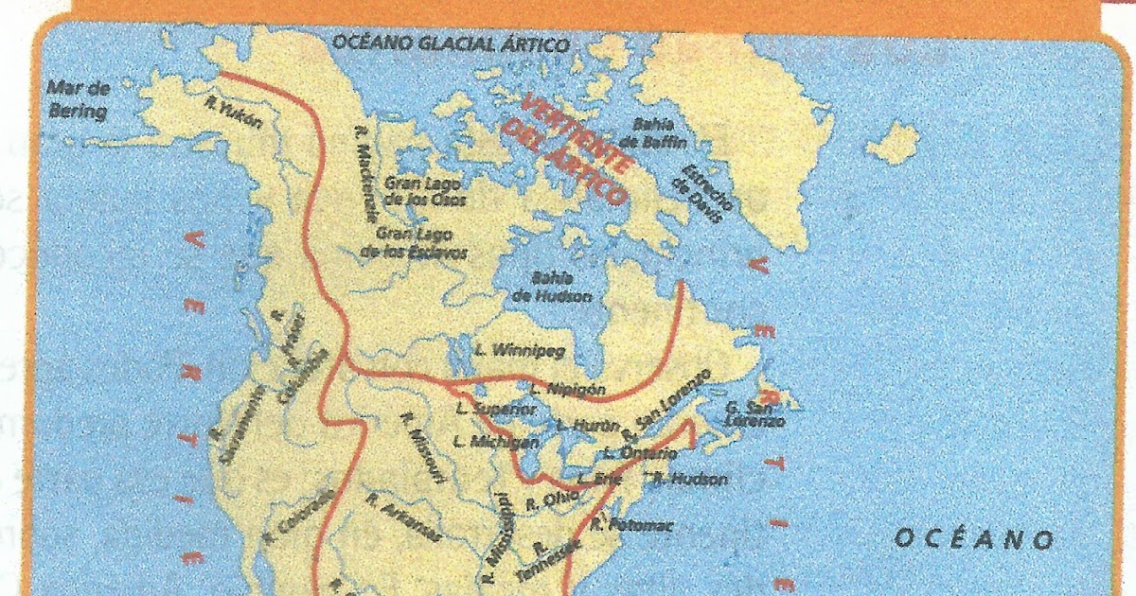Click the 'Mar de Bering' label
pyautogui.click(x=80, y=99)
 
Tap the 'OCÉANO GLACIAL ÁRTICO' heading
pyautogui.click(x=450, y=44)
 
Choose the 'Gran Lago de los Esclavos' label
pyautogui.click(x=415, y=242)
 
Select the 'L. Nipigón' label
pyautogui.click(x=567, y=388)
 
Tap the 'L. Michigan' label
pyautogui.click(x=496, y=441)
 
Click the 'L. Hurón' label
pyautogui.click(x=587, y=425)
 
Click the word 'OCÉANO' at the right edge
pyautogui.click(x=974, y=539)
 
